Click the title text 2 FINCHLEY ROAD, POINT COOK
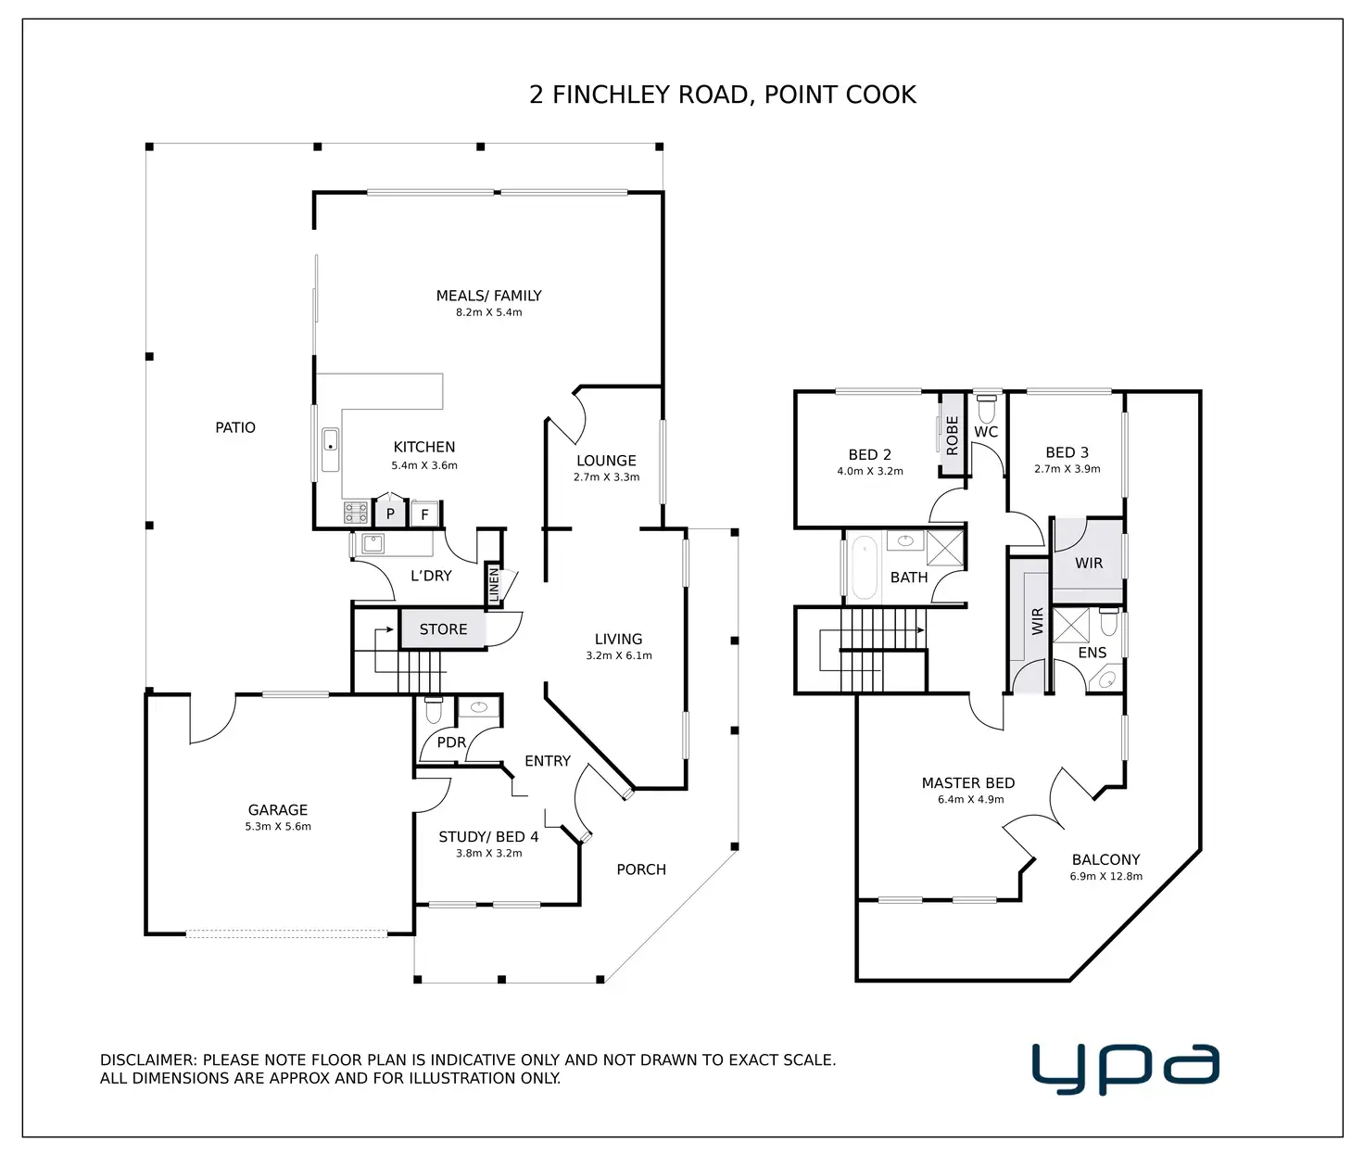pyautogui.click(x=722, y=95)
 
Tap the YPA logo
pyautogui.click(x=1125, y=1068)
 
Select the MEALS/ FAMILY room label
pyautogui.click(x=488, y=296)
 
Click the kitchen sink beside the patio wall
pyautogui.click(x=330, y=450)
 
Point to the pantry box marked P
pyautogui.click(x=390, y=514)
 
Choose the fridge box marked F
pyautogui.click(x=424, y=514)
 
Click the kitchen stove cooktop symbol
pyautogui.click(x=356, y=513)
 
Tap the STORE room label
pyautogui.click(x=443, y=629)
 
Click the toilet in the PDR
pyautogui.click(x=433, y=712)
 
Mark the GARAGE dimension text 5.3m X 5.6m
pyautogui.click(x=278, y=827)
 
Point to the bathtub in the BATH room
pyautogui.click(x=864, y=566)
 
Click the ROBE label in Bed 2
pyautogui.click(x=952, y=435)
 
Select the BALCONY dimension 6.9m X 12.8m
pyautogui.click(x=1105, y=876)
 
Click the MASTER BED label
pyautogui.click(x=968, y=783)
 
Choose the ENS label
pyautogui.click(x=1092, y=653)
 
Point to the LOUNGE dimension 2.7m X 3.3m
pyautogui.click(x=606, y=477)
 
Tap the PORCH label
pyautogui.click(x=641, y=869)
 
